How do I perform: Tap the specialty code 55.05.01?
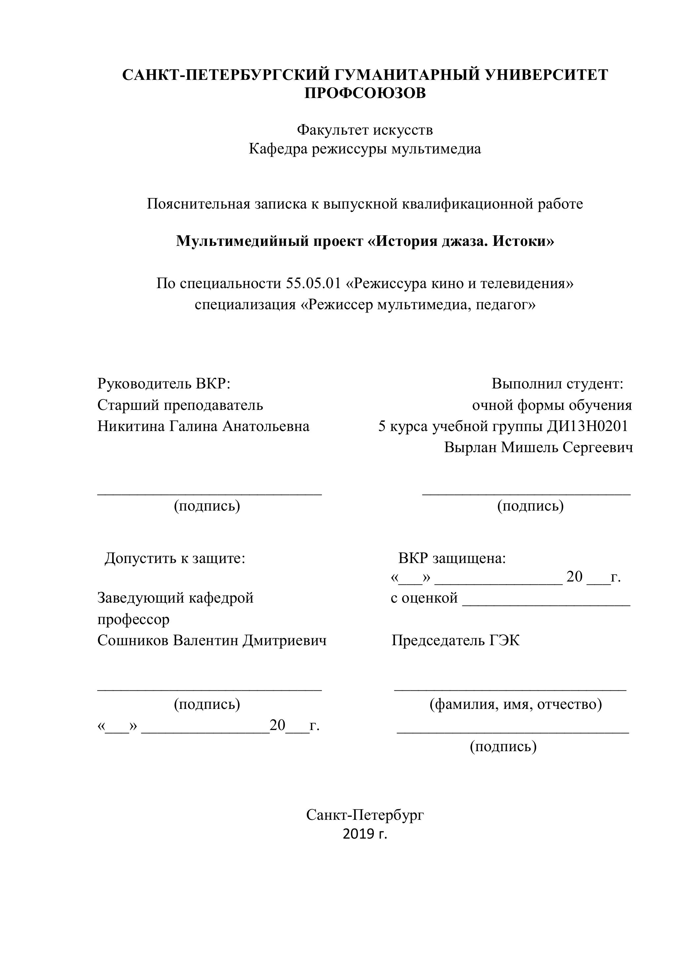coord(313,284)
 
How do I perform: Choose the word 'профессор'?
coord(134,619)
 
